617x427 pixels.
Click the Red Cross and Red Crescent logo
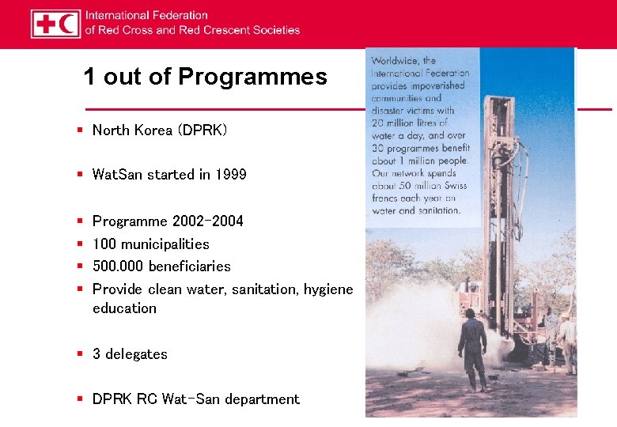coord(55,24)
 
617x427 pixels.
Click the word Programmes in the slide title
coord(252,77)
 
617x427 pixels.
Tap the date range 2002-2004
coord(208,221)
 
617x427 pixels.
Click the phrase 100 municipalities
coord(151,244)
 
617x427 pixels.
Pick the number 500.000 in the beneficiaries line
coord(119,266)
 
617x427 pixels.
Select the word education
coord(124,308)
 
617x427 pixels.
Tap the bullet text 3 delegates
coord(130,354)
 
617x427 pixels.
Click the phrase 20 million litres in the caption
coord(410,123)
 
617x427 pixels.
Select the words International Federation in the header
coord(146,15)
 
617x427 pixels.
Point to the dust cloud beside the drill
coord(419,324)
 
